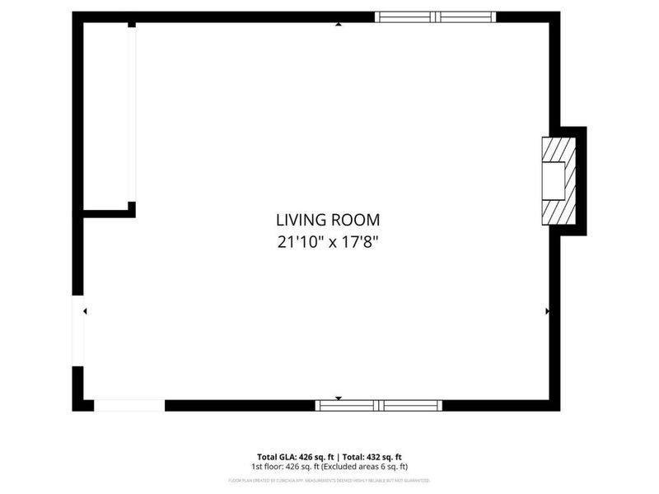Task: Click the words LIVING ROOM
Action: click(x=328, y=220)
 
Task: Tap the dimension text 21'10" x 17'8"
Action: click(x=328, y=242)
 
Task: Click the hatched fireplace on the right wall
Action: click(x=557, y=180)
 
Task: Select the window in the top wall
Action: click(x=435, y=16)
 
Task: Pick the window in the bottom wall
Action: click(x=379, y=405)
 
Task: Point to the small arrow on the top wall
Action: click(x=339, y=25)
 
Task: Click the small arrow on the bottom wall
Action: click(x=338, y=398)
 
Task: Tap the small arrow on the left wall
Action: click(x=85, y=311)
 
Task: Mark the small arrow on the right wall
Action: click(x=547, y=311)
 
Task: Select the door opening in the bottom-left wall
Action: click(x=129, y=405)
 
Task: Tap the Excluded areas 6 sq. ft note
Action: click(x=366, y=467)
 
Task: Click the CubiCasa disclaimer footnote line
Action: click(x=329, y=479)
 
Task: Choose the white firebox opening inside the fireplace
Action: click(x=553, y=181)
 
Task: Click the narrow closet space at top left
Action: click(x=105, y=115)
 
